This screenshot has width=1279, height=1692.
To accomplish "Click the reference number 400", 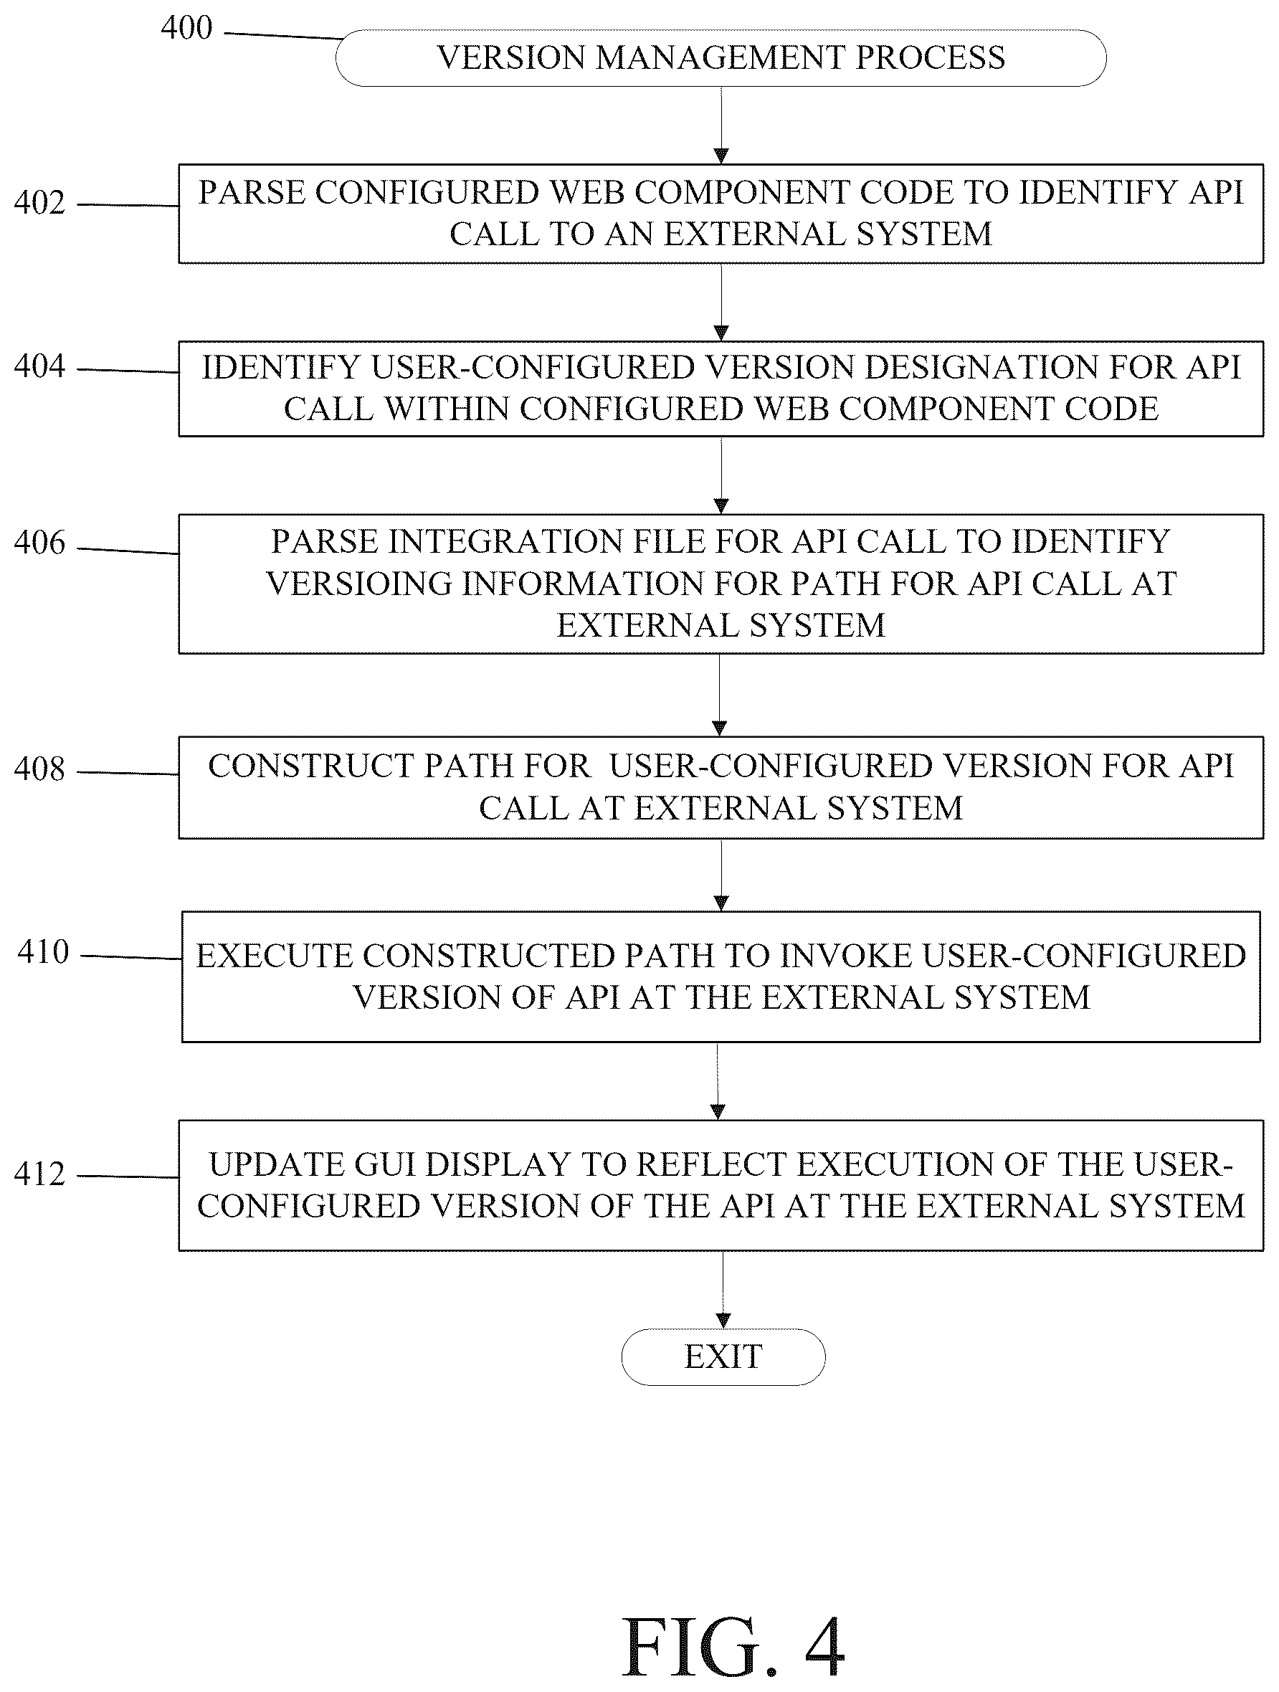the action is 186,28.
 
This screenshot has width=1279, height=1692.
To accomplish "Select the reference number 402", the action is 39,203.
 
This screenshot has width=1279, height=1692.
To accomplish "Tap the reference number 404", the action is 39,366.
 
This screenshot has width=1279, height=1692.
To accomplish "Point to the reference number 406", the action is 39,543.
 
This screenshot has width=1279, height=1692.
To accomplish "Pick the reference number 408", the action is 39,769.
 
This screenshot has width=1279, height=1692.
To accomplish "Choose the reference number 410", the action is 43,952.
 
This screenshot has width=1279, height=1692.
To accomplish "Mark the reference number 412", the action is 39,1174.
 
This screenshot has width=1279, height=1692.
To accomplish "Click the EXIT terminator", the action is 723,1357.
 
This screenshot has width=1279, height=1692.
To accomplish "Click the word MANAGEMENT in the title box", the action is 720,58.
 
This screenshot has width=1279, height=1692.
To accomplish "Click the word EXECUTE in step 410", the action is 273,956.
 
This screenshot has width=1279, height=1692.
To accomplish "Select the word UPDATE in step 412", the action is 276,1165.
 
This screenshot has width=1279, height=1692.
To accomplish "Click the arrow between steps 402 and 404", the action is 721,303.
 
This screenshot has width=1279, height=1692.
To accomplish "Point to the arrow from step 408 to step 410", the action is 721,875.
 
